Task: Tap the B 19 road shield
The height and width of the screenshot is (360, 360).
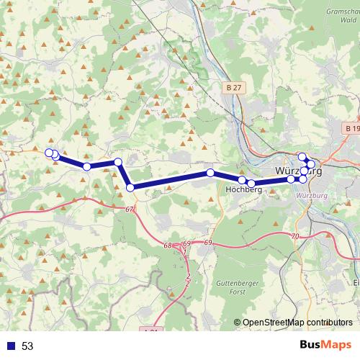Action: [351, 128]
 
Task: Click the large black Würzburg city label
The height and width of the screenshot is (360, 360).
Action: [297, 171]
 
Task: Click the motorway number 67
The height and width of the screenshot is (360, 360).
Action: [129, 209]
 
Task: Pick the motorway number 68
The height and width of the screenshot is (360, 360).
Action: [168, 246]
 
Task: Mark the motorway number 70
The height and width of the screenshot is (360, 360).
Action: [296, 236]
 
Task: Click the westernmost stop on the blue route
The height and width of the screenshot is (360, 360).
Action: [49, 152]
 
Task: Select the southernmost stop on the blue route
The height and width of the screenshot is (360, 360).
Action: [130, 187]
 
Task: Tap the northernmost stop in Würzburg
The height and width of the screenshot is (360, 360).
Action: [302, 156]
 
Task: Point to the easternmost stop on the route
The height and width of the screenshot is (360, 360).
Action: [311, 165]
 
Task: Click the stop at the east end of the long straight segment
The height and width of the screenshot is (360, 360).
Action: [210, 173]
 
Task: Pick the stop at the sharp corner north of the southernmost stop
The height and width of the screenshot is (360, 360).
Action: [117, 162]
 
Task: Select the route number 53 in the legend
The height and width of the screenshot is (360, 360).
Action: [27, 346]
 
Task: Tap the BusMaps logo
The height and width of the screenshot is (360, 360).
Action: [327, 346]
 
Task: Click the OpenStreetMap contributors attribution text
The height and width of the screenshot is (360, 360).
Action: [297, 323]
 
